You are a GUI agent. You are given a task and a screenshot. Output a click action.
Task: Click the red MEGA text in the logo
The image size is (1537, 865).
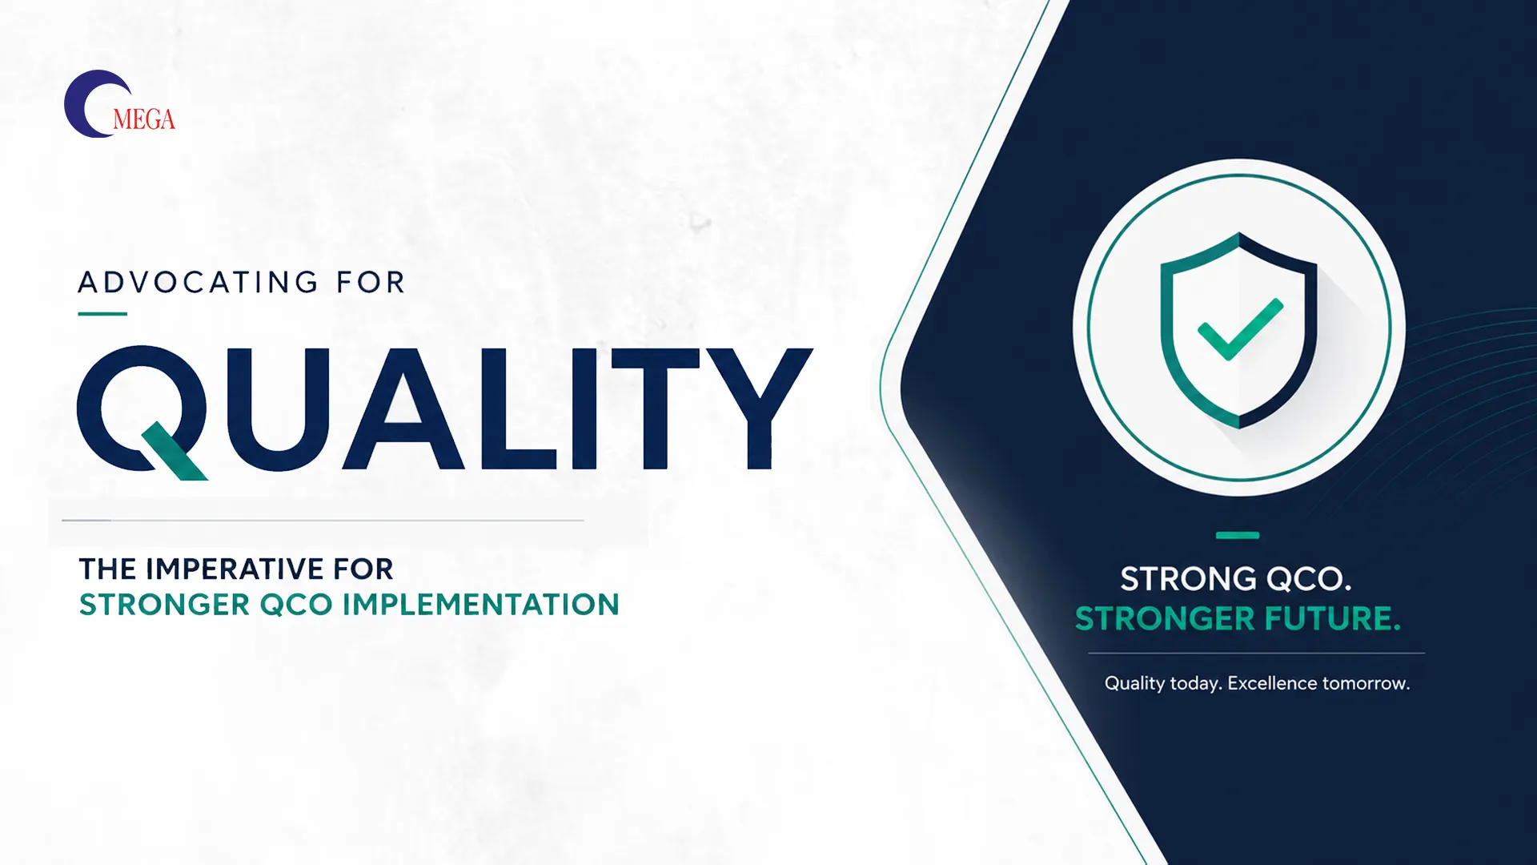point(144,119)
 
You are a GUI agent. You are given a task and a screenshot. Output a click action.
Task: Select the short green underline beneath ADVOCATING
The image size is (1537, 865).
point(102,314)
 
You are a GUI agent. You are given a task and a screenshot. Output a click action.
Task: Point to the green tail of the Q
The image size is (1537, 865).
point(175,451)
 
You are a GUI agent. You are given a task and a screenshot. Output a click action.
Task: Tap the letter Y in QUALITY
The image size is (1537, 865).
point(758,408)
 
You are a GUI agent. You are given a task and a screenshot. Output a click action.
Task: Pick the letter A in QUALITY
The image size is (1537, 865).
point(404,408)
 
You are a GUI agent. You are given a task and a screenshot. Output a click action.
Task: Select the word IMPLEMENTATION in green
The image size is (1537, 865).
point(480,604)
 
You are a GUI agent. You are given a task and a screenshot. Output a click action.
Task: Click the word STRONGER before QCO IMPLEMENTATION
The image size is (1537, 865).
point(165,604)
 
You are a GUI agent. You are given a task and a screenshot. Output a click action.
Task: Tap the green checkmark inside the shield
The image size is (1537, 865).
point(1240,329)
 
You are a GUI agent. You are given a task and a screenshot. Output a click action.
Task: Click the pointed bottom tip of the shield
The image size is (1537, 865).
point(1239,427)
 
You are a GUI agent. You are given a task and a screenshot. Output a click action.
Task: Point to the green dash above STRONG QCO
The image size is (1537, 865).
point(1238,535)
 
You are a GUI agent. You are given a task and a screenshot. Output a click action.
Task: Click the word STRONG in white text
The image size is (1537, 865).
point(1188,578)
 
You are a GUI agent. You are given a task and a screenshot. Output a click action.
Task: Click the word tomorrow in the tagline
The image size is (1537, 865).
point(1366,684)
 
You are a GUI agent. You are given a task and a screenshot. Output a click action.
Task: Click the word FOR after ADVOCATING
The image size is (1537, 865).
point(371,282)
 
